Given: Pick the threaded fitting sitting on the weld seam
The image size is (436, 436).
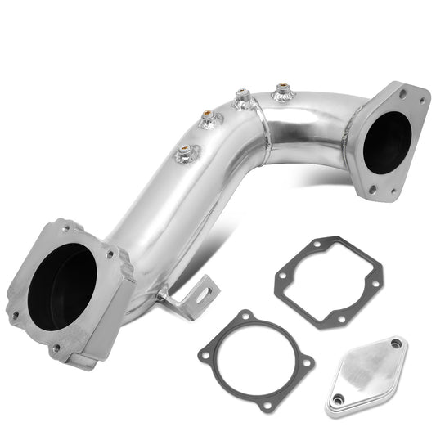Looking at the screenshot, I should click(x=241, y=100).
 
